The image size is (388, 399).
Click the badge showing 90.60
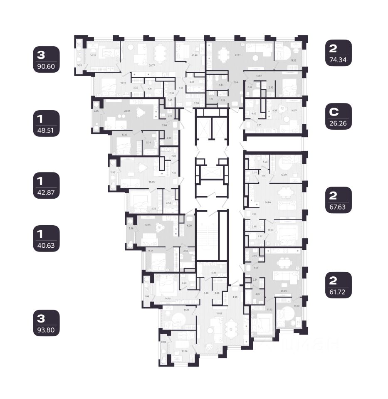(47, 59)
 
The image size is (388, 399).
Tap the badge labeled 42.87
(47, 186)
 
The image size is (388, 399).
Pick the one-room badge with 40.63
(47, 239)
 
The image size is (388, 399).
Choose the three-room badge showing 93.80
(47, 325)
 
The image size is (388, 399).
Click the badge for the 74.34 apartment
(339, 53)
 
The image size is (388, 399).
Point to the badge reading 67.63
(339, 200)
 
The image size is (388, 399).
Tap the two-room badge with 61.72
(339, 285)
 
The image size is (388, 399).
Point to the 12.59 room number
(284, 175)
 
